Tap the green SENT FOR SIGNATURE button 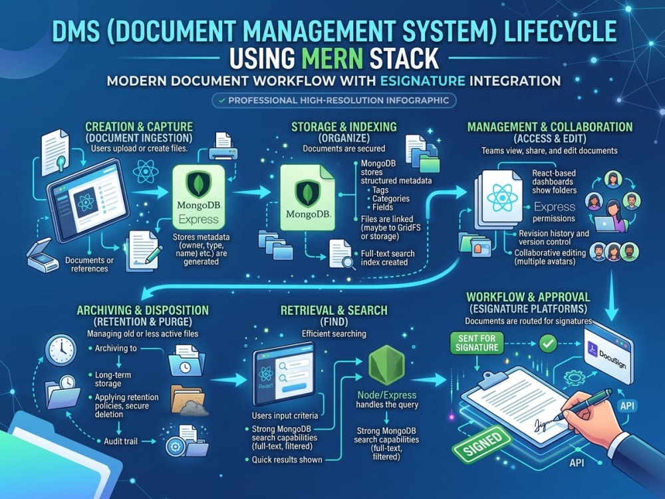pos(477,343)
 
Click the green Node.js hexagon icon pos(386,365)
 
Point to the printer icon pos(223,146)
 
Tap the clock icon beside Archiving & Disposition pos(61,350)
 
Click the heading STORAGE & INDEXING pos(344,127)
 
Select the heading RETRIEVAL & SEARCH pos(334,310)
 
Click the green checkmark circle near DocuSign pos(547,343)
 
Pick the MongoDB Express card pos(198,197)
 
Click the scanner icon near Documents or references pos(43,256)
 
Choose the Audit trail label pos(120,441)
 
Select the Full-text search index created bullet pos(388,258)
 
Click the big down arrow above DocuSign pos(611,296)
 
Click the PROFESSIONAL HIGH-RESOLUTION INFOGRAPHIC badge pos(334,100)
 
